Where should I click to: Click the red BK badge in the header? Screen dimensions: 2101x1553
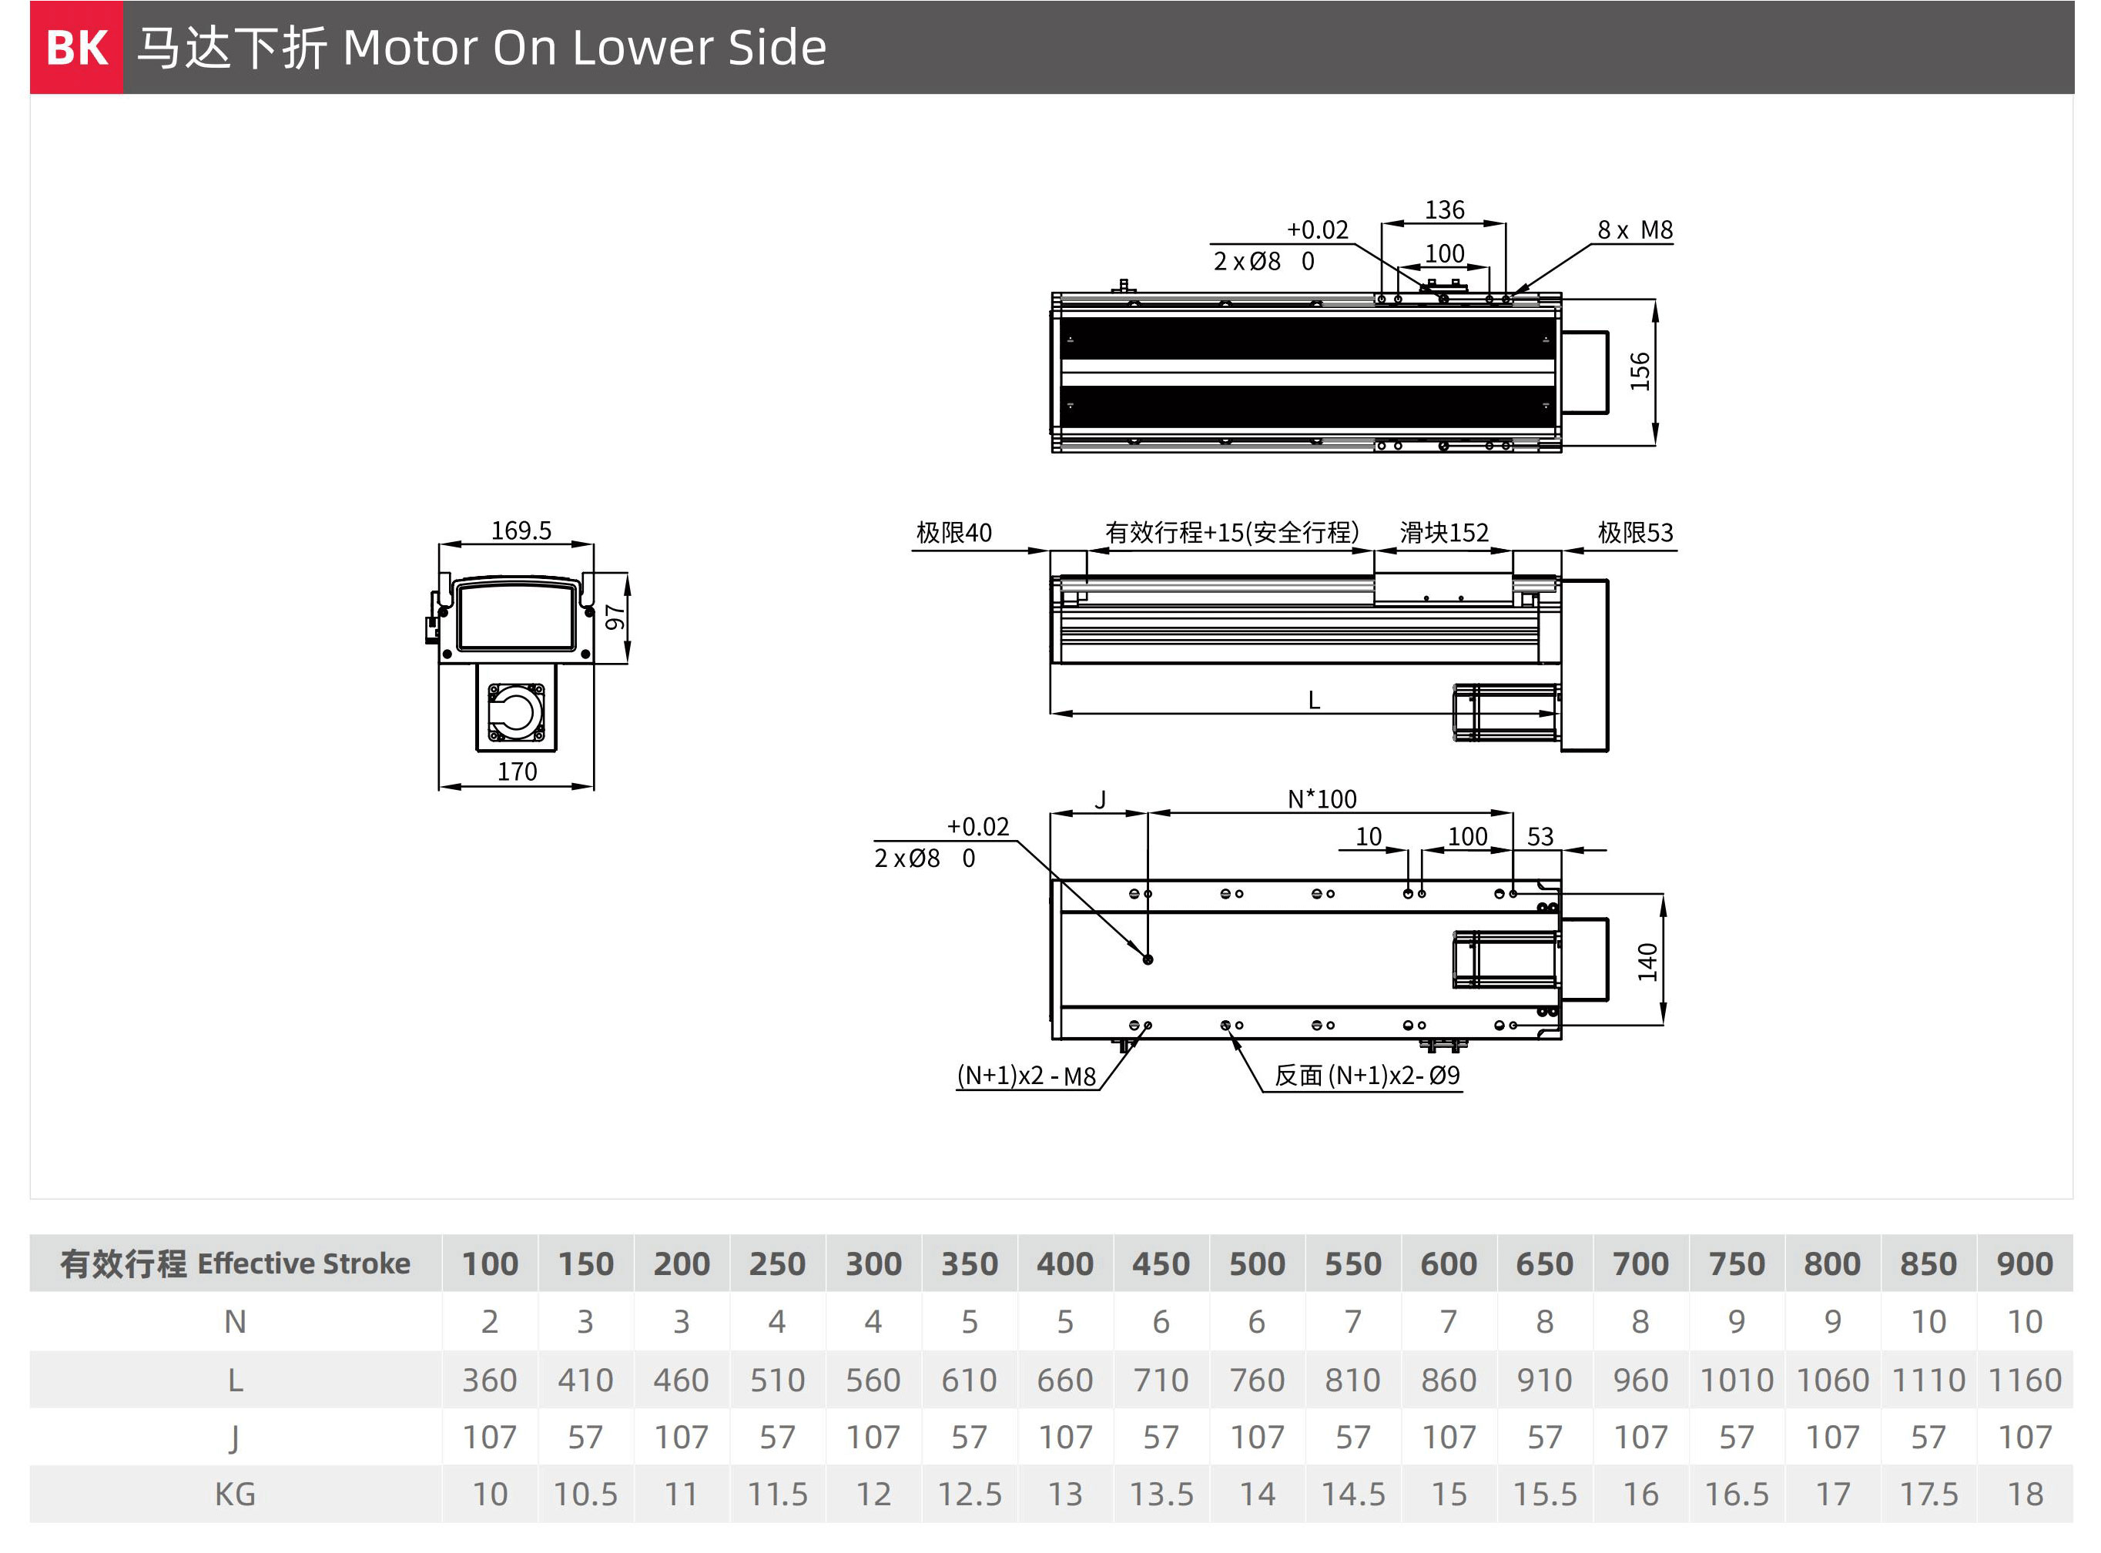(76, 47)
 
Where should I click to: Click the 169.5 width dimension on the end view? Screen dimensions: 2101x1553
(521, 530)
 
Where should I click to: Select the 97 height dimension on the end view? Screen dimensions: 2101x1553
(615, 618)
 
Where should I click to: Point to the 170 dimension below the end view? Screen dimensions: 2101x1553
(517, 771)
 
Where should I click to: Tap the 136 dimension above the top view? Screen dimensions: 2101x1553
(1444, 209)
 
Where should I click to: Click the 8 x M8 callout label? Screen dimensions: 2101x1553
(1635, 230)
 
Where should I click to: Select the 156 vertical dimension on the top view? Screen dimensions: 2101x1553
(1640, 371)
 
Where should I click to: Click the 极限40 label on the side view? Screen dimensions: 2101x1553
(953, 533)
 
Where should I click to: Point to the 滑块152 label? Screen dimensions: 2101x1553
(1444, 533)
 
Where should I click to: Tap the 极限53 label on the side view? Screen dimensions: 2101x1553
(1635, 533)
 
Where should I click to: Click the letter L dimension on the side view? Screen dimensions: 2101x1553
(1313, 701)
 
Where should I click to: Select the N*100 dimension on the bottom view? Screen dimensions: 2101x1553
(1322, 799)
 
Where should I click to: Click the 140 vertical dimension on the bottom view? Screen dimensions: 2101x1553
(1647, 962)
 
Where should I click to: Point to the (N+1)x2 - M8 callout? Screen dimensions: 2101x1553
(1027, 1076)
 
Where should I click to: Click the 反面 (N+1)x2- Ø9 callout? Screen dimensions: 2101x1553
(1367, 1076)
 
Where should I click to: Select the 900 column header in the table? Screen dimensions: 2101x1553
(2024, 1263)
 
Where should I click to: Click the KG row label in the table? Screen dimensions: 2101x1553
(235, 1494)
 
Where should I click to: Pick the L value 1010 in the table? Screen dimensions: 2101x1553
(1736, 1380)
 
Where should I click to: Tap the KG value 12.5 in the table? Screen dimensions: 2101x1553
(969, 1494)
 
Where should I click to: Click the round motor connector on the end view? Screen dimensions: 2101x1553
(515, 711)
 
